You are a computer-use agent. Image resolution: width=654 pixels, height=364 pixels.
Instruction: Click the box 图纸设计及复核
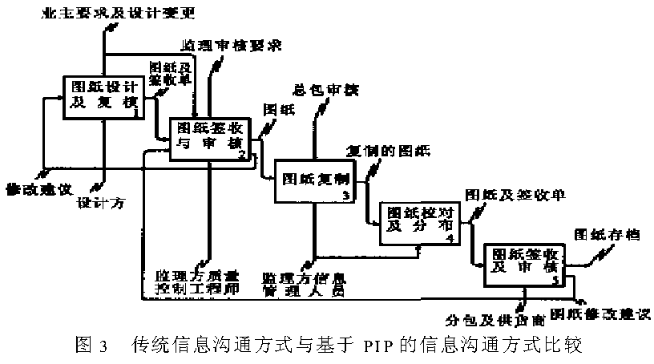pos(101,95)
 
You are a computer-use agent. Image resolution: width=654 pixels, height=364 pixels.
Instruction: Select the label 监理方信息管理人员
pos(304,285)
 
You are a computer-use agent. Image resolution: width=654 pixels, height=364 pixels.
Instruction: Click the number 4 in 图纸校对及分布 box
pos(450,238)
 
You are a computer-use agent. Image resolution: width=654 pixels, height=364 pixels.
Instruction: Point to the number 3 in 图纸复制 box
pos(345,195)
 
